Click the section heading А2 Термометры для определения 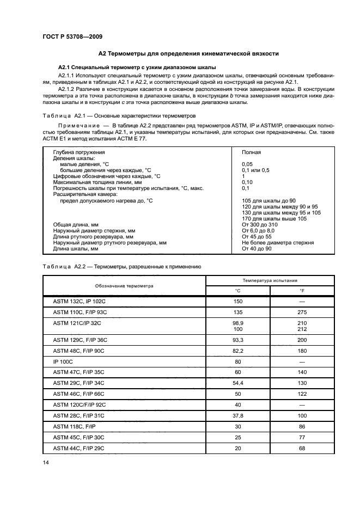pyautogui.click(x=188, y=54)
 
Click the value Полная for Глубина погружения pyautogui.click(x=251, y=152)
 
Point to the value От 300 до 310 pyautogui.click(x=259, y=224)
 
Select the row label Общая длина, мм pyautogui.click(x=76, y=224)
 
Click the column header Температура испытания pyautogui.click(x=270, y=280)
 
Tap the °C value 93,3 pyautogui.click(x=237, y=340)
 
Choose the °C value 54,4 pyautogui.click(x=237, y=384)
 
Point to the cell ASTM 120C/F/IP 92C pyautogui.click(x=80, y=404)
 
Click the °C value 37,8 pyautogui.click(x=237, y=416)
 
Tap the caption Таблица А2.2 pyautogui.click(x=122, y=267)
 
